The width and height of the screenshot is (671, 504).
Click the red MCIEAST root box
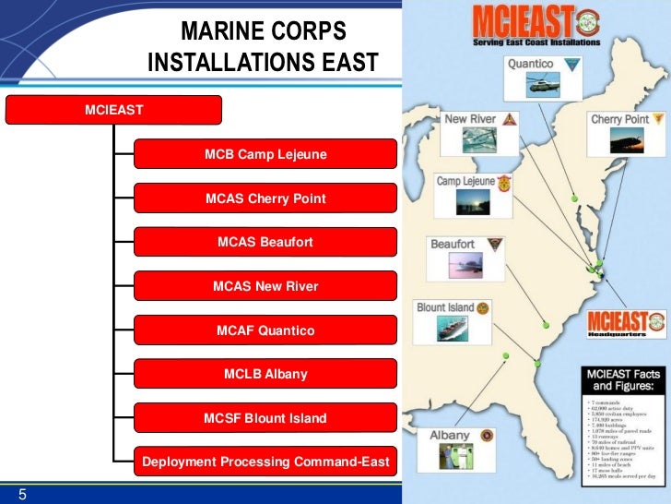114,110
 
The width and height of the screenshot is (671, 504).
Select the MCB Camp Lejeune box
265,154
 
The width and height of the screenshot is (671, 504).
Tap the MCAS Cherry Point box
265,198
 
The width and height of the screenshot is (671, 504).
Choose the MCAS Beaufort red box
265,242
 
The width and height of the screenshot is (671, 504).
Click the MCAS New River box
265,286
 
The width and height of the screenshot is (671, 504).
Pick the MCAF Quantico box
265,330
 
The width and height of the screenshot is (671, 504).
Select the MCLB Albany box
265,374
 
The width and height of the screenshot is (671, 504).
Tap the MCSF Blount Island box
265,418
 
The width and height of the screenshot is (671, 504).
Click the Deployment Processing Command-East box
265,462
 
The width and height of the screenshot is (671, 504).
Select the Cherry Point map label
619,119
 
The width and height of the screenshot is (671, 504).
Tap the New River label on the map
470,119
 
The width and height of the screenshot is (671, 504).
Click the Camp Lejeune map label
465,181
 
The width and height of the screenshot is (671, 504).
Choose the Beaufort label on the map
453,244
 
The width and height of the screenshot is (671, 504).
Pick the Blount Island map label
445,307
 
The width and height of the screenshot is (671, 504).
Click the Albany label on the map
450,435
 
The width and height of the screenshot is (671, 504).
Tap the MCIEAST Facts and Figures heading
622,380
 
